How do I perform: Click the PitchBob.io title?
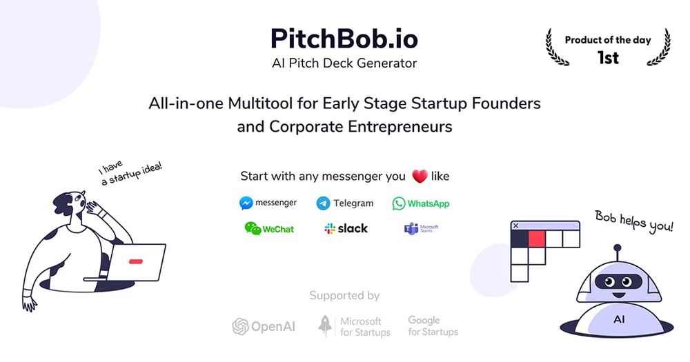(x=344, y=38)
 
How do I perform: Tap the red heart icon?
(x=420, y=177)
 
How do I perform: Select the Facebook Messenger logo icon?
(x=246, y=203)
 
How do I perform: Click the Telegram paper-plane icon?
(x=323, y=203)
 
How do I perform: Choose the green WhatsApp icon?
(x=399, y=203)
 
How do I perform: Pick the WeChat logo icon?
(x=253, y=228)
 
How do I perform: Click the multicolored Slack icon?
(x=330, y=228)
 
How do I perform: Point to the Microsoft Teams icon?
(x=411, y=229)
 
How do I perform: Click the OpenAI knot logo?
(x=240, y=326)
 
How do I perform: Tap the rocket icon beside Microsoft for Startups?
(x=326, y=326)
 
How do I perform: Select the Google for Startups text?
(x=433, y=326)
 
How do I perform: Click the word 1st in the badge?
(x=608, y=58)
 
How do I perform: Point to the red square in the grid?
(x=537, y=239)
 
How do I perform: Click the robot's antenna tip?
(x=617, y=248)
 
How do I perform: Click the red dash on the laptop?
(x=135, y=261)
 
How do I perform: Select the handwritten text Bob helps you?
(x=633, y=221)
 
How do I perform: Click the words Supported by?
(x=344, y=296)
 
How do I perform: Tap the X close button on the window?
(x=515, y=225)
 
